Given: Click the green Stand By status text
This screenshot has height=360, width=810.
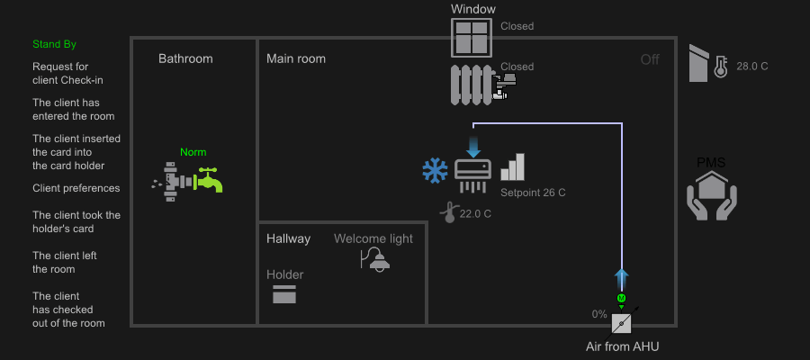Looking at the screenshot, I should point(55,44).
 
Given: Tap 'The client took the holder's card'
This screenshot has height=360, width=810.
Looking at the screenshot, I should point(76,222).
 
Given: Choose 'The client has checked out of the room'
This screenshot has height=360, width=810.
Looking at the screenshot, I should point(68,310).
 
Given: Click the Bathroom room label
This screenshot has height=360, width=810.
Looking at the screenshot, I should point(185,58).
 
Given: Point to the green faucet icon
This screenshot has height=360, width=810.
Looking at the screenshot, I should point(209,179).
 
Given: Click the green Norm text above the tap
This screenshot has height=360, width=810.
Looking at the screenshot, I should point(193,152).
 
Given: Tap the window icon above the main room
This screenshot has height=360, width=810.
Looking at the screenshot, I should point(473,39).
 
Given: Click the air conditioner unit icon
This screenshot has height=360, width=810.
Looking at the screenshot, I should point(473,171).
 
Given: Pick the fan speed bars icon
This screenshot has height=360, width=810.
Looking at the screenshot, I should point(512,167).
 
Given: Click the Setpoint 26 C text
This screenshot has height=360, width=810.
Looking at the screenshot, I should point(533,193).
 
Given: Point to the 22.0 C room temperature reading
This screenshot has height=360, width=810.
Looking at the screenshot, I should point(475,213).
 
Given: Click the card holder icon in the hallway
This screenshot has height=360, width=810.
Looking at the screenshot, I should point(284,293).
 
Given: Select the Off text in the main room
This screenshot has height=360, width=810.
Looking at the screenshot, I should point(650,59).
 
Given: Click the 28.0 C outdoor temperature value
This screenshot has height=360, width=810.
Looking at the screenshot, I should point(752,67).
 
